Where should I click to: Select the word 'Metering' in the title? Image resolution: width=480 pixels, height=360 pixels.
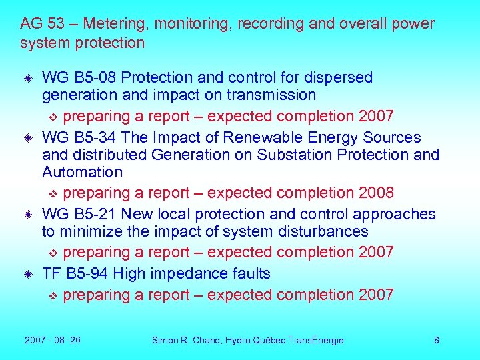(x=114, y=24)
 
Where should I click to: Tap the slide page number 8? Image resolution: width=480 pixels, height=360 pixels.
(x=437, y=340)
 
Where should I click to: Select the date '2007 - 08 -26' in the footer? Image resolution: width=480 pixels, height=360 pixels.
(x=53, y=340)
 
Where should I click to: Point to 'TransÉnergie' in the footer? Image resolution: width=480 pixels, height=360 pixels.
(x=316, y=340)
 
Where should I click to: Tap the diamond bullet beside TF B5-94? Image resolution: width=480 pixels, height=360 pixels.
(x=30, y=274)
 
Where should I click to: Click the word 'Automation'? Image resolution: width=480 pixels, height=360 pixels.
(x=82, y=172)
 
